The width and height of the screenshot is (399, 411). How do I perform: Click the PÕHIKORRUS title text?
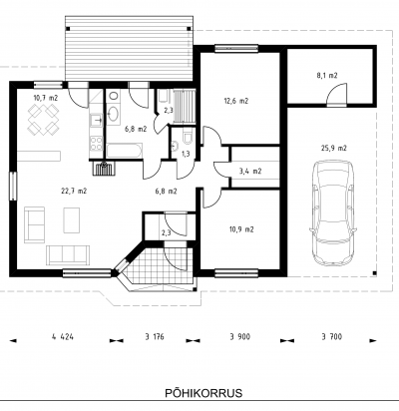click(203, 393)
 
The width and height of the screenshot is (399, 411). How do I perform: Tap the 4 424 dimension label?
click(63, 337)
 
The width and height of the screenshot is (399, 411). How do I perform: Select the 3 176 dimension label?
click(155, 337)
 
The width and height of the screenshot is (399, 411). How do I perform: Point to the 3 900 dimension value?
click(239, 337)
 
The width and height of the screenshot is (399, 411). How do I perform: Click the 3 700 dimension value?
click(331, 337)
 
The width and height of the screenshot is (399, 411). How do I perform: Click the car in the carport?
click(332, 212)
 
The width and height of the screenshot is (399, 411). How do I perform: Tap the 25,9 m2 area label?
click(333, 149)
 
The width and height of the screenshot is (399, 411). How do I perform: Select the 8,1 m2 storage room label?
click(327, 76)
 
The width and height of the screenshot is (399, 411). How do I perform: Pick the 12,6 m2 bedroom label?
click(236, 101)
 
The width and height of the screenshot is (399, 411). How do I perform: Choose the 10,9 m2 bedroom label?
click(241, 229)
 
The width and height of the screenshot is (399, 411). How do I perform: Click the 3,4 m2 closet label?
click(250, 172)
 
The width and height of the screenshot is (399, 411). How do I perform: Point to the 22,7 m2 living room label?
click(74, 191)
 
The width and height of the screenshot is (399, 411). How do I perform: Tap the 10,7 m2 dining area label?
click(46, 98)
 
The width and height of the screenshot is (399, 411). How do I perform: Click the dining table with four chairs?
click(43, 119)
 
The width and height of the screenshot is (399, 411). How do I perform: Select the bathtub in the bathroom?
click(125, 151)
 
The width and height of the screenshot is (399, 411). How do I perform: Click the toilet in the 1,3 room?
click(188, 138)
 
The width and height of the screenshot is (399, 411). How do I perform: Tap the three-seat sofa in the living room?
click(68, 255)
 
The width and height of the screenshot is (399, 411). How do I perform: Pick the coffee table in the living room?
click(72, 220)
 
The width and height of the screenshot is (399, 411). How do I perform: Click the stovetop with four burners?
click(97, 144)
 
